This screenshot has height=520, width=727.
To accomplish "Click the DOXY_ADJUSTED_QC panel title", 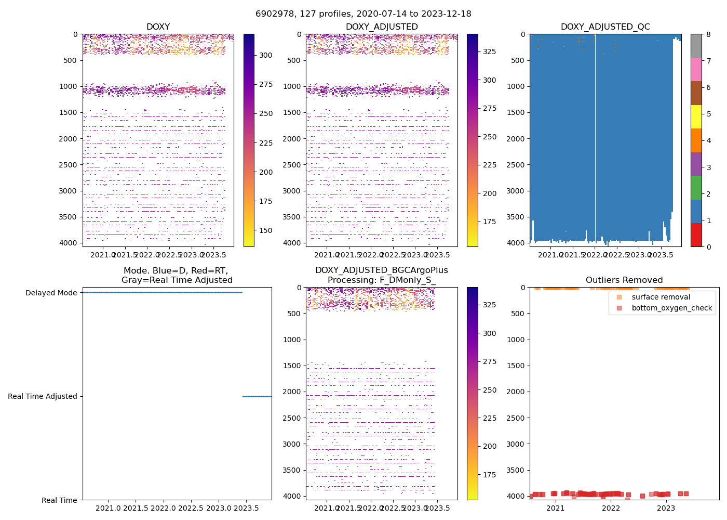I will (x=605, y=27).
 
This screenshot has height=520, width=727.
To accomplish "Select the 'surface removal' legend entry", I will (x=661, y=297).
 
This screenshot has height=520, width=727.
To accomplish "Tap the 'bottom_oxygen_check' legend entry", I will (x=671, y=308).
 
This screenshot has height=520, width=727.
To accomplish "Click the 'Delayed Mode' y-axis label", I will (x=51, y=293).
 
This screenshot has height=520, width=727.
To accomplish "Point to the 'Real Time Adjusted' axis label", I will (x=43, y=396).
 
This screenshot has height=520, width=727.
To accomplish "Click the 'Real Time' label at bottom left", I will (x=59, y=500).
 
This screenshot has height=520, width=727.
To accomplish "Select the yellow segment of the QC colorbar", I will (x=696, y=117).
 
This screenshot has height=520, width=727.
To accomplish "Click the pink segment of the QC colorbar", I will (x=696, y=70).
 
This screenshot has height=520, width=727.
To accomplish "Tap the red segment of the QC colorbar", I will (x=696, y=235).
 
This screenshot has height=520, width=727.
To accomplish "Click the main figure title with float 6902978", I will (x=363, y=14).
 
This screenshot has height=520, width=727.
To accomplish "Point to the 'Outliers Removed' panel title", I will (x=624, y=280).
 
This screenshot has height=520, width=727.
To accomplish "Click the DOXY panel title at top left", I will (x=158, y=27).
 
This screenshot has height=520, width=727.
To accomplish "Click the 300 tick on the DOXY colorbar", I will (x=266, y=55).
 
